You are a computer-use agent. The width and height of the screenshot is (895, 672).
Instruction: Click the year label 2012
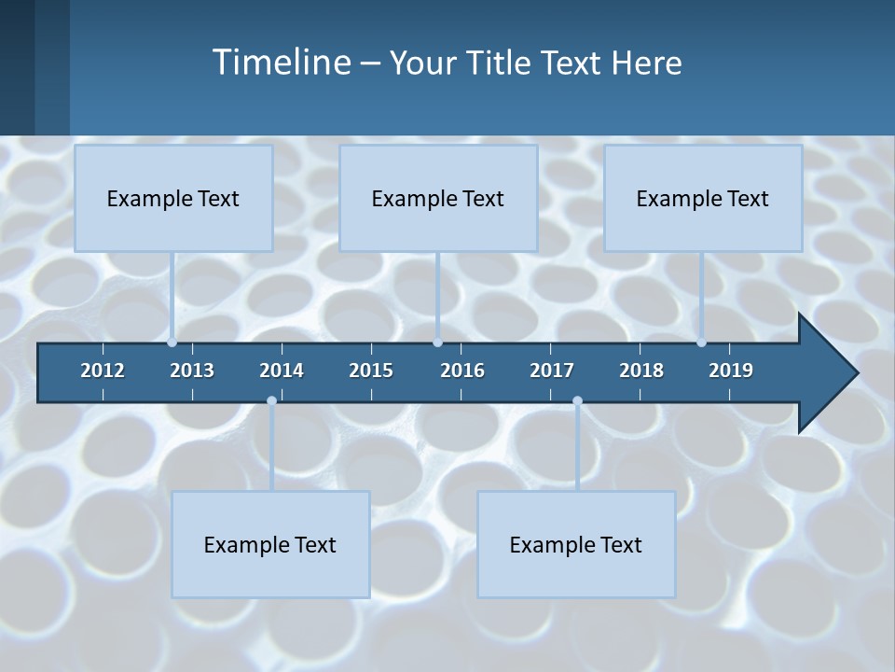pos(103,371)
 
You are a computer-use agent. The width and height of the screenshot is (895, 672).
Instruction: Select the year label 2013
pos(192,371)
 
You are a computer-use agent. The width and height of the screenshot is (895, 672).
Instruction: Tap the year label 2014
pos(282,371)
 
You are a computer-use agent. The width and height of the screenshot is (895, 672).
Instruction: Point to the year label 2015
pos(371,371)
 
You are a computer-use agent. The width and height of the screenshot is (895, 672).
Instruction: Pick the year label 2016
pos(462,371)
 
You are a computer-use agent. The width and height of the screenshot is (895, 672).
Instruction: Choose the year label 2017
pos(552,371)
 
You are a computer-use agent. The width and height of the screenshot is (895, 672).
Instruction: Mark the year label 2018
pos(641,371)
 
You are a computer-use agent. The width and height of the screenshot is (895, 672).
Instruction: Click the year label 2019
pos(731,371)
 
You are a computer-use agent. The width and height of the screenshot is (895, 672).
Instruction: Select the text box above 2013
pos(173,198)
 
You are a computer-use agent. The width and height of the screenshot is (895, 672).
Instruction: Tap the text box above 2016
pos(438,198)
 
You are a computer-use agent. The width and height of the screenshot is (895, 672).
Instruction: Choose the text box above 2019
pos(703,198)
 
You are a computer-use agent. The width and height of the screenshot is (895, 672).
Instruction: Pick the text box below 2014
pos(270,544)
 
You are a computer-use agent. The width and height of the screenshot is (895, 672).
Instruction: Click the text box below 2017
pos(576,544)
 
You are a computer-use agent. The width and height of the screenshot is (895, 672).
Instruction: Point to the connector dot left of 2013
pos(172,343)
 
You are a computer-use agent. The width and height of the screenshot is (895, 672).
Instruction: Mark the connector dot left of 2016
pos(438,343)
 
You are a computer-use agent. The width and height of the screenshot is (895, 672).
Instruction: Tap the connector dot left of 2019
pos(702,343)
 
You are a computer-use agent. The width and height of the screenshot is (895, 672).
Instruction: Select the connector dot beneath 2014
pos(271,400)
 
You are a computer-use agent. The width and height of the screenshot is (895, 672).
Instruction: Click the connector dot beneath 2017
pos(577,400)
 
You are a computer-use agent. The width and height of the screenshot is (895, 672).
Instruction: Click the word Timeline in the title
pos(281,62)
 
